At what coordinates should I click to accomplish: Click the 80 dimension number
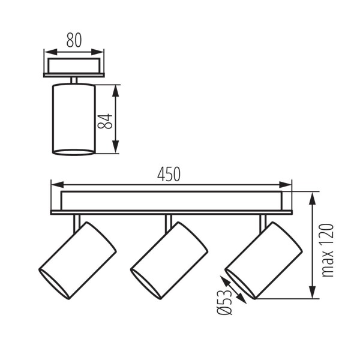(x=74, y=41)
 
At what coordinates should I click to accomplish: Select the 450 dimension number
(x=169, y=173)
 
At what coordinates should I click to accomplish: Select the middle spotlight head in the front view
(x=169, y=260)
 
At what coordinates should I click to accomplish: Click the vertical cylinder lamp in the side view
(x=74, y=119)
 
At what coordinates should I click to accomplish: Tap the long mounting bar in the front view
(x=171, y=202)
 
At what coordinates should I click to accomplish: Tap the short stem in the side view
(x=74, y=80)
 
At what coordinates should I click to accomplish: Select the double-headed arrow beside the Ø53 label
(x=235, y=290)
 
